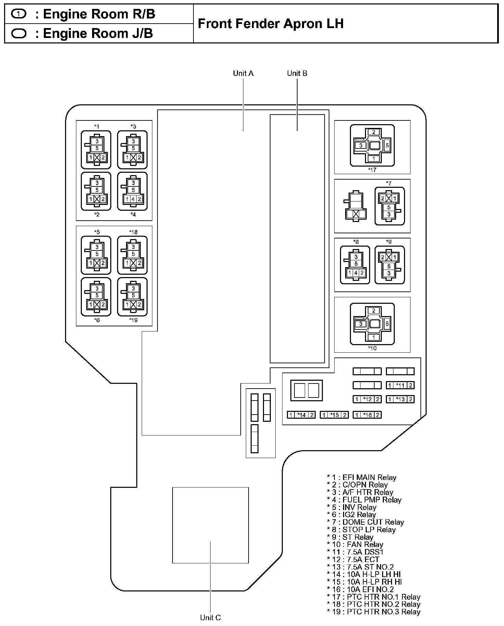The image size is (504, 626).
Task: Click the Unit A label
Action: [243, 73]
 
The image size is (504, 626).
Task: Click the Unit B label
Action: [297, 73]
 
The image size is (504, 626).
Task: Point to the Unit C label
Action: [210, 617]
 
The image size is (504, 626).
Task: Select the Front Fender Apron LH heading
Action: [270, 24]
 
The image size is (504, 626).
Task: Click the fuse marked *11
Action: [400, 385]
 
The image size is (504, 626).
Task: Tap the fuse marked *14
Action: [301, 415]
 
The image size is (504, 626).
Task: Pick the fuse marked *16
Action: [367, 415]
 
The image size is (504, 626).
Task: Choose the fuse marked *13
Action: [400, 399]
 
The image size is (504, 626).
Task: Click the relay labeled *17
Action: [372, 145]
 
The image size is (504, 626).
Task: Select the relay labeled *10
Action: [372, 324]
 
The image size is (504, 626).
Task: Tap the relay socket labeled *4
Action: [133, 191]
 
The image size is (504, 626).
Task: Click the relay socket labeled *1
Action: [96, 149]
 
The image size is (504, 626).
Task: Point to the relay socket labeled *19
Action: [133, 297]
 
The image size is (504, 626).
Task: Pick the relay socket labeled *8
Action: [355, 265]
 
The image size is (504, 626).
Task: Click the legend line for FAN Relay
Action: [355, 545]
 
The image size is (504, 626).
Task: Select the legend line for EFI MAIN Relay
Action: [362, 478]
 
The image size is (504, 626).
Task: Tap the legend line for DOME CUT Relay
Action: [365, 522]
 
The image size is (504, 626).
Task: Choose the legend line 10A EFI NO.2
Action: [360, 589]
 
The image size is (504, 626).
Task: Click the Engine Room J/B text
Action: [98, 34]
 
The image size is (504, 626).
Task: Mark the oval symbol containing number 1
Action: [19, 14]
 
